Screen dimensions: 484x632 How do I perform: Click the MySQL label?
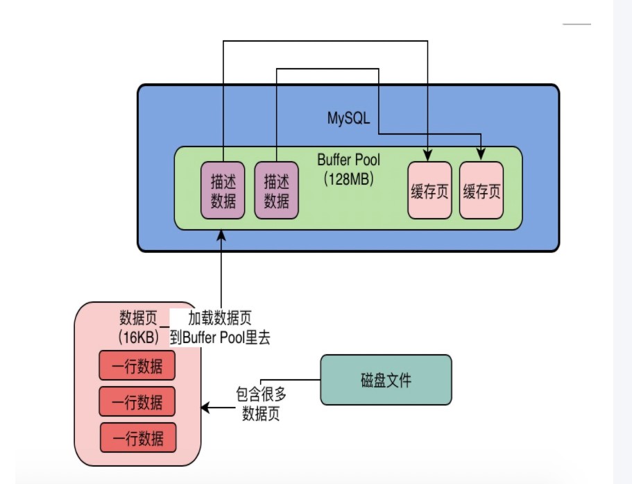(348, 118)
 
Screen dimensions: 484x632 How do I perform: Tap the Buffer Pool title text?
(348, 160)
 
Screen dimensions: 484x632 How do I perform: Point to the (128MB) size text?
(348, 178)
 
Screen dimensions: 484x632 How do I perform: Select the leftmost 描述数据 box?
(223, 190)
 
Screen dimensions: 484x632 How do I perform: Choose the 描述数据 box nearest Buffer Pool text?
(276, 190)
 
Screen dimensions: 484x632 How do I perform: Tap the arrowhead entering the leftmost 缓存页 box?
(428, 157)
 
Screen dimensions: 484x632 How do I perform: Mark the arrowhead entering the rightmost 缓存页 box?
(481, 157)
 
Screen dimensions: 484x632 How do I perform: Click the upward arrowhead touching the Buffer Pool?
(221, 235)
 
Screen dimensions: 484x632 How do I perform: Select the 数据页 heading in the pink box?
(137, 319)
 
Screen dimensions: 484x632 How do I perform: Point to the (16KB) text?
(138, 337)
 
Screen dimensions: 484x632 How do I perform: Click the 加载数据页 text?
(219, 319)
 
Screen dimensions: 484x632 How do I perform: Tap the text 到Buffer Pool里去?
(220, 338)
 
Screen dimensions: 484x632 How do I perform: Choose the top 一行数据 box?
(137, 365)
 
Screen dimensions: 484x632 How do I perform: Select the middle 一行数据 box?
(137, 401)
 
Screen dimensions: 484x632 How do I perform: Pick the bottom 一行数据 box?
(138, 437)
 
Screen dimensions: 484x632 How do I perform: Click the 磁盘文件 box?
(386, 380)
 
